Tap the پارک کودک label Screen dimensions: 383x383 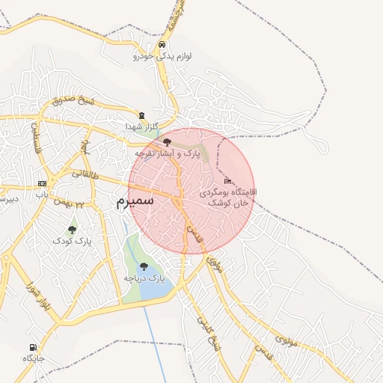tap(72, 242)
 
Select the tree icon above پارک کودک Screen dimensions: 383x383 tap(72, 230)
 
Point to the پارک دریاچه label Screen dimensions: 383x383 tap(144, 278)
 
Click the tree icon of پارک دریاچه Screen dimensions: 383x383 tap(144, 266)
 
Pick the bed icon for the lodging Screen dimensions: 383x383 tap(227, 182)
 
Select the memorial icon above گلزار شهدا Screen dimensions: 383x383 tap(141, 114)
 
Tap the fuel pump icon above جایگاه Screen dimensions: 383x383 tap(33, 347)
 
